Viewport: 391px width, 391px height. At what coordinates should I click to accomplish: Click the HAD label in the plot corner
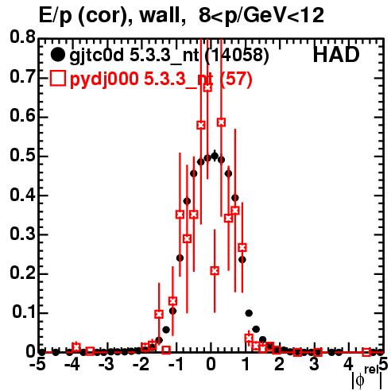336,56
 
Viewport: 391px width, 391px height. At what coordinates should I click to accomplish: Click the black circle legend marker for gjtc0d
57,55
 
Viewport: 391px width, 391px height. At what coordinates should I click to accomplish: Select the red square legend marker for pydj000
57,79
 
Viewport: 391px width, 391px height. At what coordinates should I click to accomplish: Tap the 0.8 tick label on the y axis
22,37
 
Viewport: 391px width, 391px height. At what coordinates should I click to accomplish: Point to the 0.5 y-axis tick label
22,155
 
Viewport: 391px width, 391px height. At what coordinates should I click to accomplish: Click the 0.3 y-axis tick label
22,234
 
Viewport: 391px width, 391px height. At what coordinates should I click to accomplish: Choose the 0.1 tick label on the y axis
25,312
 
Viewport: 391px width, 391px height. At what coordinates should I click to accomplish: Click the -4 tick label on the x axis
72,365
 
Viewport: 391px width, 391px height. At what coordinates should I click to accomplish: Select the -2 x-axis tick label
141,365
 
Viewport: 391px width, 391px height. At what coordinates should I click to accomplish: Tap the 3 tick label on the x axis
314,365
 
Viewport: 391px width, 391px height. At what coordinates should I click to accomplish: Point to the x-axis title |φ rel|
367,378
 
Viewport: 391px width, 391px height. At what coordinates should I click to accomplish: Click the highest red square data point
207,87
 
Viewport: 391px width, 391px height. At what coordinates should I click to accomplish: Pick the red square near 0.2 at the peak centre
215,271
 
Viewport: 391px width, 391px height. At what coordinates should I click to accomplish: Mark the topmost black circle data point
215,156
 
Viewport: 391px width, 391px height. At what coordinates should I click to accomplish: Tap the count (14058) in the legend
237,56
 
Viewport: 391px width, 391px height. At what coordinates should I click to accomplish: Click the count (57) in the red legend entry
236,79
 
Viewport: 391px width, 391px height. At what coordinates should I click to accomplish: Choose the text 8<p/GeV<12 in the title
261,17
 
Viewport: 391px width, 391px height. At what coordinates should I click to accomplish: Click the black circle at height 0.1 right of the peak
249,313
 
